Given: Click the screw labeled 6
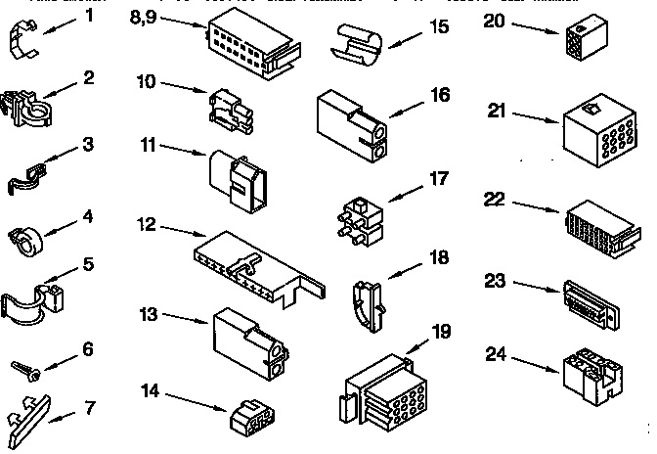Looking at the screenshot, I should point(24,370).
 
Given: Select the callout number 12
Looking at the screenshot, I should point(146,224).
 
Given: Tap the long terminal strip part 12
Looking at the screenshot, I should point(254,263).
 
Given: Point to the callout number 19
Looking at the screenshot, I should point(441,331).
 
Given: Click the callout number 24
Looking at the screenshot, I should point(497,354).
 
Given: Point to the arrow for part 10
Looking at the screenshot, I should point(185,89).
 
